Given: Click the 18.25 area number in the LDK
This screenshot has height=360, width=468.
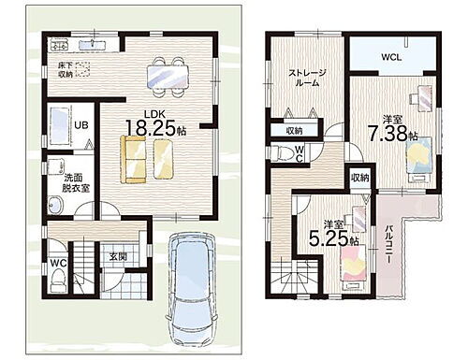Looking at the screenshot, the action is click(151, 127).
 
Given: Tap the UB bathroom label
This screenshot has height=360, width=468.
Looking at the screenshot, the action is click(81, 125).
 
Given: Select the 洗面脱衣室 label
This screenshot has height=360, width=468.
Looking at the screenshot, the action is click(74, 183).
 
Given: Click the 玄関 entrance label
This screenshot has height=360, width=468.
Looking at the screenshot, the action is click(118, 256).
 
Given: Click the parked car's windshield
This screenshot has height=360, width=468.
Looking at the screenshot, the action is click(191, 253).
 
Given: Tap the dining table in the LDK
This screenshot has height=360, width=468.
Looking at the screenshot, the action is click(168, 77).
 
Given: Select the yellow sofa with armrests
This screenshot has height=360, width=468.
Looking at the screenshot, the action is click(133, 159).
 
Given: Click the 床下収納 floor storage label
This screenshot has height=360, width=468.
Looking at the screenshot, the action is click(65, 70).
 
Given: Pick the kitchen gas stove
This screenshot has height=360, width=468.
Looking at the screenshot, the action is click(59, 45).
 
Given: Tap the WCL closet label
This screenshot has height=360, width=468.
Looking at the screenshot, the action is click(391, 57).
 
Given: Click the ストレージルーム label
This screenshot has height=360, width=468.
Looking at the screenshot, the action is click(307, 78).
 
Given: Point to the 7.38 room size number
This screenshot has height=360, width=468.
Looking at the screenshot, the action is click(388, 134).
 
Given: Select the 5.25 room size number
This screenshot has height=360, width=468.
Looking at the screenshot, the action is click(329, 238).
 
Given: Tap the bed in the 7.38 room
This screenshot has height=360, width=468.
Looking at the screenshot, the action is click(419, 160).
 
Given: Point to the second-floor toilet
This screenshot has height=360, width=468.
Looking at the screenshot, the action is click(284, 153).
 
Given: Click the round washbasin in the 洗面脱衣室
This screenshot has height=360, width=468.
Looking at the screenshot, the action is click(55, 205).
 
